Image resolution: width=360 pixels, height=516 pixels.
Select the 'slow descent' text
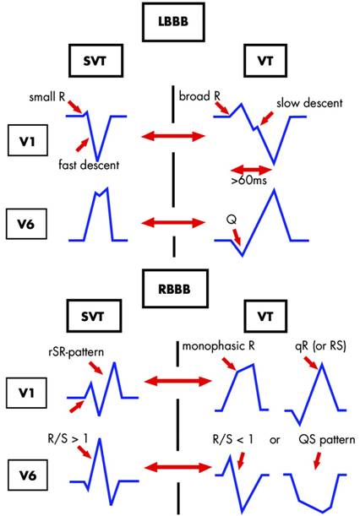coord(308,103)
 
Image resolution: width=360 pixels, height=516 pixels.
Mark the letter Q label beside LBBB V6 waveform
coord(232,218)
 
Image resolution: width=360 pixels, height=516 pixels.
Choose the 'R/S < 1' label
coord(233,440)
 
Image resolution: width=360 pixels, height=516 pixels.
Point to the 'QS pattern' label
coord(321,440)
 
